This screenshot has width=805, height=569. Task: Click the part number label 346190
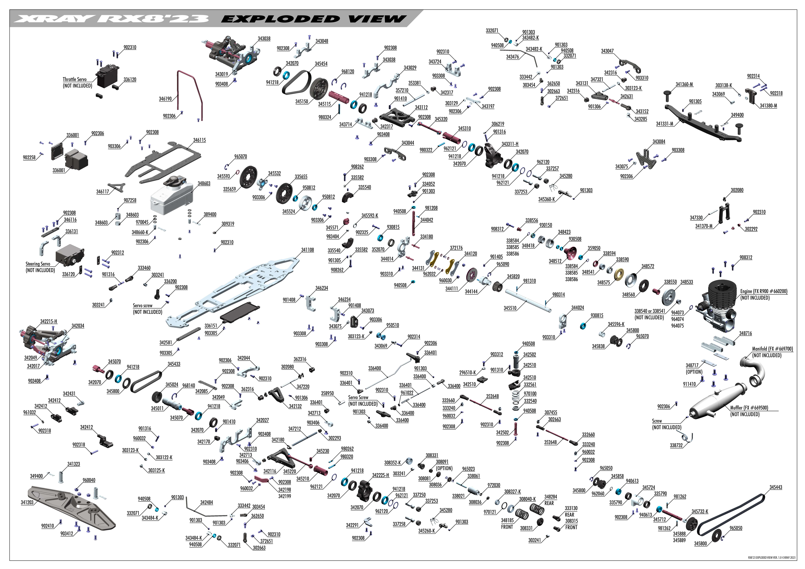pyautogui.click(x=165, y=99)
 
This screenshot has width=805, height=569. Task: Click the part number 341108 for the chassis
pyautogui.click(x=307, y=250)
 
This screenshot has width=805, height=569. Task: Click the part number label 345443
pyautogui.click(x=776, y=487)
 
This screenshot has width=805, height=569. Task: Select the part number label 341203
pyautogui.click(x=27, y=502)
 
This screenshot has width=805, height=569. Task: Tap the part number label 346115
pyautogui.click(x=200, y=140)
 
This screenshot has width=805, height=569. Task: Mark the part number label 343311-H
pyautogui.click(x=510, y=144)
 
